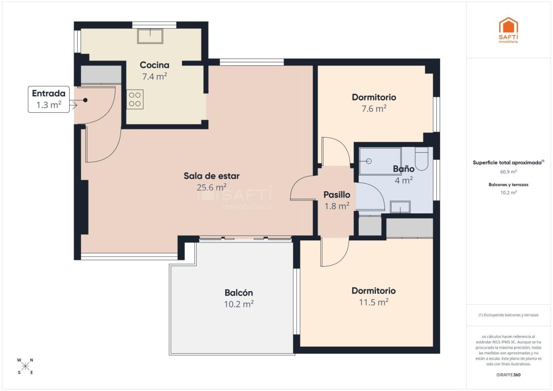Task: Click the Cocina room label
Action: [154, 65]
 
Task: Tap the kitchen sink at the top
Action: [150, 36]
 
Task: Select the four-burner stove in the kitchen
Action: [135, 99]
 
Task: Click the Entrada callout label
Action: [49, 93]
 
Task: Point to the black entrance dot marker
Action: [85, 100]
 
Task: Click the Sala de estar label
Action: [212, 176]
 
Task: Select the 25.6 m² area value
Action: [212, 187]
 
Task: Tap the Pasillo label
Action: [337, 194]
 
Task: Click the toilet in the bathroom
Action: [421, 159]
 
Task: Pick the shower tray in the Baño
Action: [380, 161]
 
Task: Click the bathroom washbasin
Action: [400, 207]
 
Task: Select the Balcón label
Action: [239, 293]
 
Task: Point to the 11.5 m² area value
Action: [374, 302]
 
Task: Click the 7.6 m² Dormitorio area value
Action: [374, 109]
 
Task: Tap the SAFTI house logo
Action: [508, 30]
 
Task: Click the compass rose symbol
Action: [25, 366]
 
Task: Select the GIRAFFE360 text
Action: [508, 375]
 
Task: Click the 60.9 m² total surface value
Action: [508, 172]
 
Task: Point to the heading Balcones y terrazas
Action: [508, 185]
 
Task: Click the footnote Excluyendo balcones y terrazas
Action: [508, 315]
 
